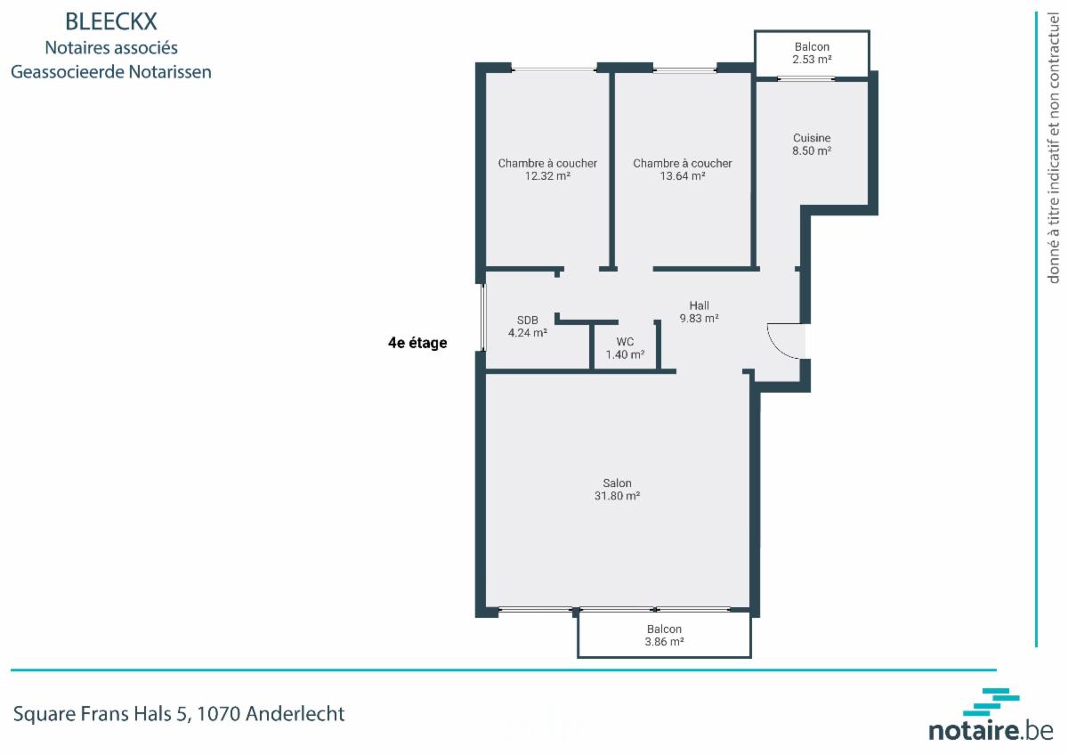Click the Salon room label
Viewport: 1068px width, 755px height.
[617, 483]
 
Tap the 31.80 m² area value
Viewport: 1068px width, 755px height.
[617, 496]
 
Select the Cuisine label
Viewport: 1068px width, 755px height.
[812, 138]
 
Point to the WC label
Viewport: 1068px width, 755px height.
[625, 342]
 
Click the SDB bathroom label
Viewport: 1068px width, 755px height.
[527, 320]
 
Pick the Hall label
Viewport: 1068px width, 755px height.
[699, 305]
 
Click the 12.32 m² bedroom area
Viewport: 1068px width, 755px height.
[547, 176]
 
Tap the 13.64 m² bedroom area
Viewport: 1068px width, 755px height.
[683, 176]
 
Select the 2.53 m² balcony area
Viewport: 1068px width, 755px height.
[812, 60]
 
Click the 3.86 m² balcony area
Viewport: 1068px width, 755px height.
[664, 642]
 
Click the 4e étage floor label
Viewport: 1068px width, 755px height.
[417, 343]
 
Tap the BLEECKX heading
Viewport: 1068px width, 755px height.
[111, 21]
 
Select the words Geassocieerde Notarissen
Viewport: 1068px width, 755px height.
[111, 72]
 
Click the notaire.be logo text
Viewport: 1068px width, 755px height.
[991, 731]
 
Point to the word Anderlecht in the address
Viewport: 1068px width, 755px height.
[295, 713]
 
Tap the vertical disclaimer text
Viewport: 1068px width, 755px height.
[1053, 148]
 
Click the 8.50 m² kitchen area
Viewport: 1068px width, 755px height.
[812, 150]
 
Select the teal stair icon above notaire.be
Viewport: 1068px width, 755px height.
[991, 702]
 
